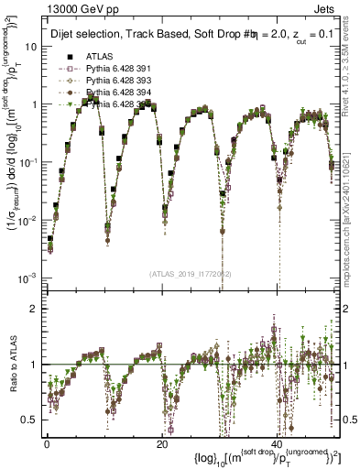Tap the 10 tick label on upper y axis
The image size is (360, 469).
pos(29,46)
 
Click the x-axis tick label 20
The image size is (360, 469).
pos(161,444)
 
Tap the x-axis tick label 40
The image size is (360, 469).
pos(277,444)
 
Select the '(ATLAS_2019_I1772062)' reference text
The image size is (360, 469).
pos(190,273)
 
